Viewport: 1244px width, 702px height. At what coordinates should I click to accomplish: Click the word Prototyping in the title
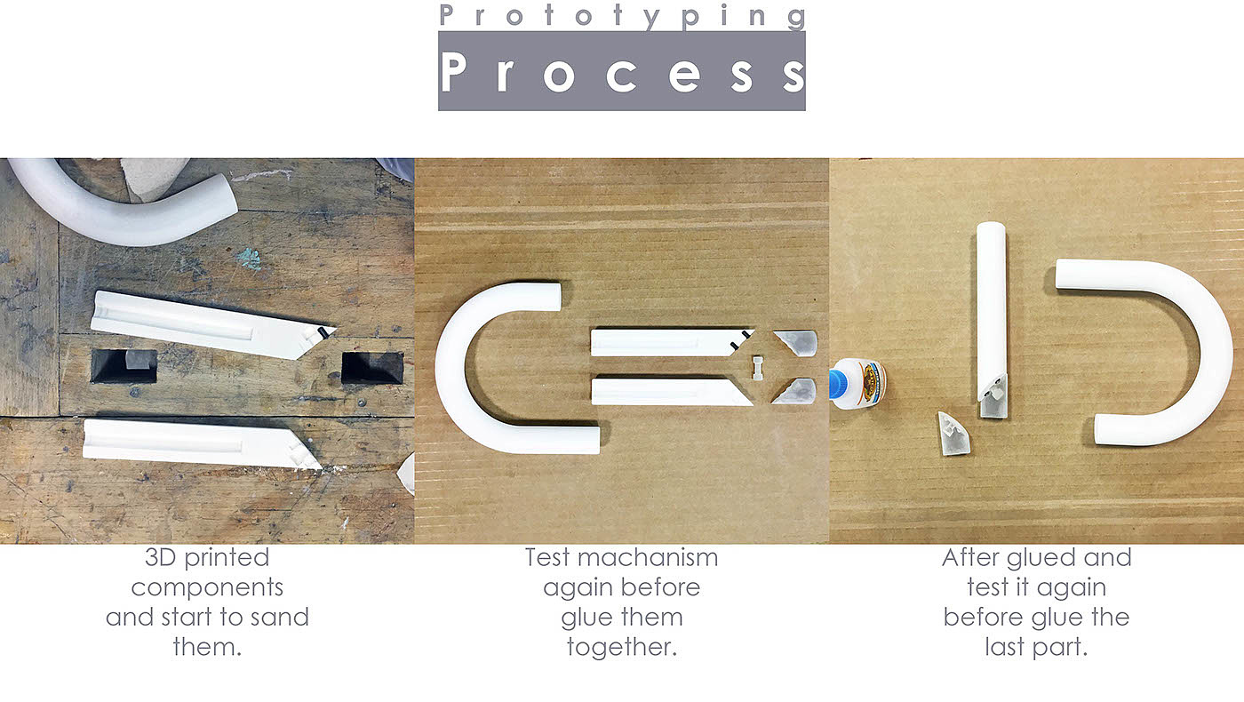tap(623, 15)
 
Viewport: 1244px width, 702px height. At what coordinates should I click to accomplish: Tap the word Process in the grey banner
tap(623, 72)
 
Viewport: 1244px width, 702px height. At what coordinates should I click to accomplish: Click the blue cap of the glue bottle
tap(836, 384)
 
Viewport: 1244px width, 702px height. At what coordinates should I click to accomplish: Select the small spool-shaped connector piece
tap(758, 368)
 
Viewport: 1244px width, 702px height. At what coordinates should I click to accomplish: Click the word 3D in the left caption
tap(161, 558)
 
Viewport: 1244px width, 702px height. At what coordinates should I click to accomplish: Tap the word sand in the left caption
tap(280, 617)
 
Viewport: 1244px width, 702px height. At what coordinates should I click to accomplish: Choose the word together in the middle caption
tap(621, 648)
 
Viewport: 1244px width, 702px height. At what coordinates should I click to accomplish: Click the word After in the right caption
tap(969, 558)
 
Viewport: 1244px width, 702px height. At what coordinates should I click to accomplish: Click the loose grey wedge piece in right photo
tap(953, 435)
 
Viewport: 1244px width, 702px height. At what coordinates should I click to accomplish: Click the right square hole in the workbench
tap(371, 367)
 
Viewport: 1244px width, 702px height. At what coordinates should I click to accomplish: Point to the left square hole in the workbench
tap(124, 366)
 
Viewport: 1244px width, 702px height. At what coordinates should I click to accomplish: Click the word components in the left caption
tap(207, 588)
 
